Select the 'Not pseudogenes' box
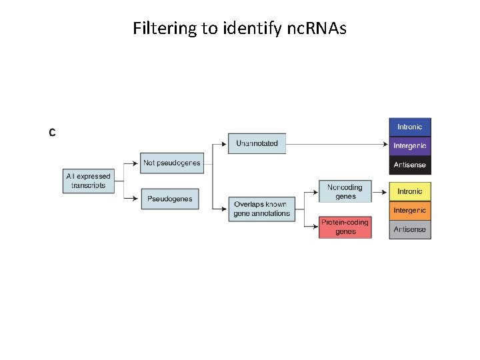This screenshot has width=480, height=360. (169, 163)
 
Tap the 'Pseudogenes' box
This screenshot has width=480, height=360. (169, 199)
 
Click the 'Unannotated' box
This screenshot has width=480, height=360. (257, 143)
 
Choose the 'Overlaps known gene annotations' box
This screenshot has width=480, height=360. (261, 209)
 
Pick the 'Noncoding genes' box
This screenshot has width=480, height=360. (345, 191)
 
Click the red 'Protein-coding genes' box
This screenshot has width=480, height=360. (345, 227)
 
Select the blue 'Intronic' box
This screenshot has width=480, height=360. (410, 127)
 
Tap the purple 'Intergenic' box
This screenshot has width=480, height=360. (410, 146)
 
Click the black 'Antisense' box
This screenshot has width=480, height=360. (410, 165)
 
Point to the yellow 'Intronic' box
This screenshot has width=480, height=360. (410, 191)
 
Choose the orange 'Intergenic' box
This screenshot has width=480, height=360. (410, 211)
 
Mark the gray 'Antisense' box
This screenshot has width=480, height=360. (410, 229)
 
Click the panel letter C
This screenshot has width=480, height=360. (52, 132)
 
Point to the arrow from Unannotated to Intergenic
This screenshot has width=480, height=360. (337, 143)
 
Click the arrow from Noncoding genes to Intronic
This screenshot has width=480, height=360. (380, 191)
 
